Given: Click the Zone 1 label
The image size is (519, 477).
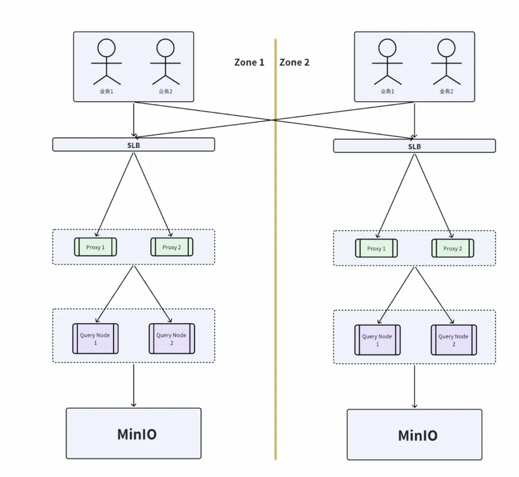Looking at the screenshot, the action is [x=249, y=62].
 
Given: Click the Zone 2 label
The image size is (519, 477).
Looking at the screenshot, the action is [x=294, y=62].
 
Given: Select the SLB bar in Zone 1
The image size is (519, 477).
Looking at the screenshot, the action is [x=133, y=145].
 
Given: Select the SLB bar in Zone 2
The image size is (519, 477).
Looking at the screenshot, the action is [x=414, y=146].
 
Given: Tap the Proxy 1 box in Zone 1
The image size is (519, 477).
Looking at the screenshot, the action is [x=96, y=247].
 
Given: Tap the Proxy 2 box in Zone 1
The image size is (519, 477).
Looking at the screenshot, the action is [x=172, y=247].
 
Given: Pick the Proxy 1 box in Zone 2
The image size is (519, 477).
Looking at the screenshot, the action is [x=377, y=248].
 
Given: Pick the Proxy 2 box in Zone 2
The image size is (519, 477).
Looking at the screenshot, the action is [x=453, y=248].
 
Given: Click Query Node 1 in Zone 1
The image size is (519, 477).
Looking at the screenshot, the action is [x=96, y=339].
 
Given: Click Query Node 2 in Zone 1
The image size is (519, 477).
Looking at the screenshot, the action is [x=172, y=339].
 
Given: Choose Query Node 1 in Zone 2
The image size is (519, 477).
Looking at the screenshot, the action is [x=377, y=340].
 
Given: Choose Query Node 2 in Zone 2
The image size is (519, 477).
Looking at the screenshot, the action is [x=454, y=340].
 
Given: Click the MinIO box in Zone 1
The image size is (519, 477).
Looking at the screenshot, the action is [x=133, y=433].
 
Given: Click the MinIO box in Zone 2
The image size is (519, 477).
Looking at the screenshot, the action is [x=414, y=434].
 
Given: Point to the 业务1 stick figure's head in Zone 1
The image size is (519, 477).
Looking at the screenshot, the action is [x=106, y=47].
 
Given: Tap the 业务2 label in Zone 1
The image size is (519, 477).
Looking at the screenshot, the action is [x=166, y=91].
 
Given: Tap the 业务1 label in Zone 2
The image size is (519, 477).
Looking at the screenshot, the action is [x=387, y=91].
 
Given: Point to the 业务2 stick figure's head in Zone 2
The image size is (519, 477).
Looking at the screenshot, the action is [x=446, y=47].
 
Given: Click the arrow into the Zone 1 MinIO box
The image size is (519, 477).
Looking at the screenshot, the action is [x=133, y=385].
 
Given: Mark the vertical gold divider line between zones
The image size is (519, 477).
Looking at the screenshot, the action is [x=275, y=249].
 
